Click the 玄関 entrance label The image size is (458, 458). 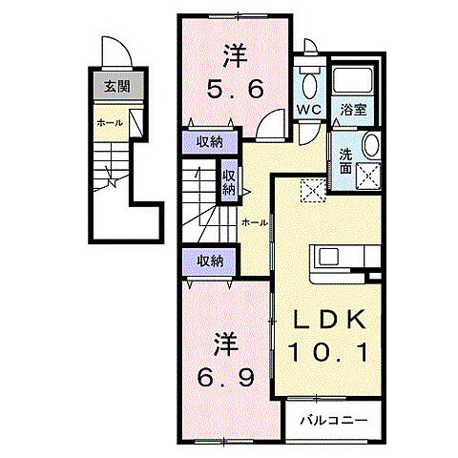pos(117,86)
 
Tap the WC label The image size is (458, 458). pos(309,110)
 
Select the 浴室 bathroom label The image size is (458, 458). pos(353,110)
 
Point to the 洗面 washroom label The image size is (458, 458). pos(345,161)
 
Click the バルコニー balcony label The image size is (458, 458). pos(334,421)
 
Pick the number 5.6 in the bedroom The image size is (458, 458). pos(236,89)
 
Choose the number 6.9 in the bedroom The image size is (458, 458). pos(225,378)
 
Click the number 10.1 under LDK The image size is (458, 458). pos(328,352)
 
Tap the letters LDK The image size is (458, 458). pos(328,319)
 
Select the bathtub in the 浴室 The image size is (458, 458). pos(352,80)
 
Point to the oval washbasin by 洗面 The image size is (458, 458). pos(371,145)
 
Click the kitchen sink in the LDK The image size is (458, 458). pos(328,257)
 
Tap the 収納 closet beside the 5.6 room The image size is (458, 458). pos(210,142)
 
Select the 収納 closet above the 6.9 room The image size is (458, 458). pos(210,261)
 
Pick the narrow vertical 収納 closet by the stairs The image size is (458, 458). pos(229,180)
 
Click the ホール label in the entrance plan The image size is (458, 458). pos(110,123)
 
